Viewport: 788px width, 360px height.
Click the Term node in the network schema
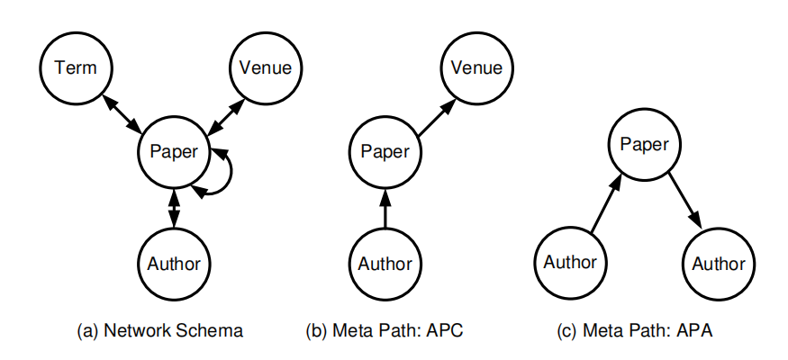76,67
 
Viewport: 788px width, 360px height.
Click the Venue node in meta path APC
476,67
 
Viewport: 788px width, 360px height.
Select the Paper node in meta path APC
384,151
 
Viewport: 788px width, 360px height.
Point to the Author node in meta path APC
384,264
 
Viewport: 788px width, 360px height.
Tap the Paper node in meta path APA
644,145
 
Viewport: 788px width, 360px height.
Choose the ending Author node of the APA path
718,263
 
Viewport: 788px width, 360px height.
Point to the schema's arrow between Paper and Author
173,207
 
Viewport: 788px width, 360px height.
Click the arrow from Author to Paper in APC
384,208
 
